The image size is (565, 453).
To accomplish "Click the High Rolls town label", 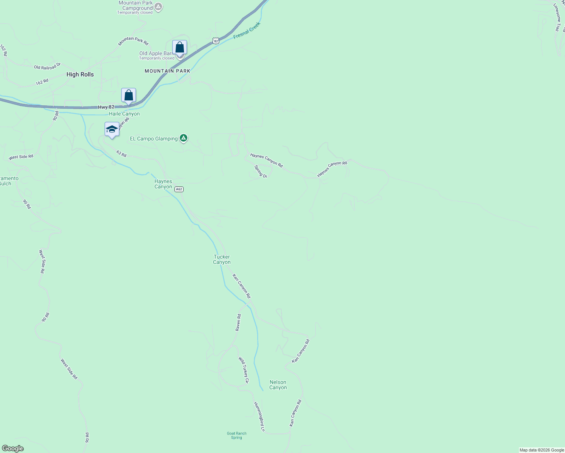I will (x=80, y=74).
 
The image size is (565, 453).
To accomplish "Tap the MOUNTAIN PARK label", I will (x=167, y=71).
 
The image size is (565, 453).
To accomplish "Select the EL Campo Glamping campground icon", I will (x=184, y=138).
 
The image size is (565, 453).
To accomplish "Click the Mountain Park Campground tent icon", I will (x=159, y=7).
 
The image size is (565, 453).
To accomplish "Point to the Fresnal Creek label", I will (x=247, y=30).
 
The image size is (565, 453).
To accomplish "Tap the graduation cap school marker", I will (x=112, y=129).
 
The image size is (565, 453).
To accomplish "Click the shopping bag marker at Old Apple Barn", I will (x=180, y=48).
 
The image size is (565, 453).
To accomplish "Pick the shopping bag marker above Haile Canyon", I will (x=128, y=96).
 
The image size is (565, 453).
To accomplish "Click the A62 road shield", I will (x=179, y=189).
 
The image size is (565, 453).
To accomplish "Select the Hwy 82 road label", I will (x=106, y=107).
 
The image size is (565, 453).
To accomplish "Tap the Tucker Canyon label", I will (x=222, y=259).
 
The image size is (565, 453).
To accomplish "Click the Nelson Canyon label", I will (x=278, y=385).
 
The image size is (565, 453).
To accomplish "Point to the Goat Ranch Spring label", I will (x=236, y=435).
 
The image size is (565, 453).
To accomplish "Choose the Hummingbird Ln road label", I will (x=259, y=416).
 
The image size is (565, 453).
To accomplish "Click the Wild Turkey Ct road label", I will (x=244, y=370).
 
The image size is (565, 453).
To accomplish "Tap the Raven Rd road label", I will (x=238, y=322).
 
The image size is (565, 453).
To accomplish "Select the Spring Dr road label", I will (x=261, y=171).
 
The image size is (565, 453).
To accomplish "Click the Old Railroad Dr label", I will (x=47, y=66).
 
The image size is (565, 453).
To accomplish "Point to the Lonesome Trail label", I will (x=557, y=17).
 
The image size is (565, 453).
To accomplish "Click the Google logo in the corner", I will (x=13, y=448).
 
